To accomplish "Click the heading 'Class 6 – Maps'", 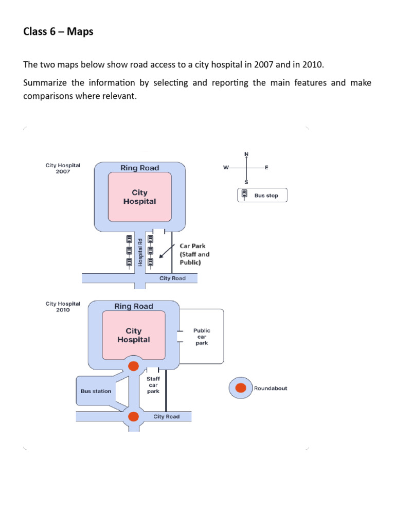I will click(x=58, y=32).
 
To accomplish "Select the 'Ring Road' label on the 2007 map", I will click(x=139, y=168).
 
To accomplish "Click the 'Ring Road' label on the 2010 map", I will click(x=134, y=306).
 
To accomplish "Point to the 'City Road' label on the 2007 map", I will click(x=172, y=278).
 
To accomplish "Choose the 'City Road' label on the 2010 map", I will click(x=167, y=416).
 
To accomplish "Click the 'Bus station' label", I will click(x=96, y=391).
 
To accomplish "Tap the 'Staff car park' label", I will click(x=153, y=385).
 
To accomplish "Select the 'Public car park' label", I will click(x=202, y=337).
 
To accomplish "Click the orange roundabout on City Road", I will click(x=134, y=416).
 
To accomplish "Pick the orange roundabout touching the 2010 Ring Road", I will click(x=134, y=366).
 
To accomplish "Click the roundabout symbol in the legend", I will click(x=240, y=389).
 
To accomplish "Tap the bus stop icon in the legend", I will click(x=244, y=195).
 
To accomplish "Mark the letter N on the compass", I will click(x=246, y=154).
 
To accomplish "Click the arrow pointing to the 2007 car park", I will click(x=166, y=252).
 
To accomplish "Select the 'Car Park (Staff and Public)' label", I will click(x=194, y=254).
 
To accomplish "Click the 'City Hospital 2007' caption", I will click(x=63, y=168).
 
